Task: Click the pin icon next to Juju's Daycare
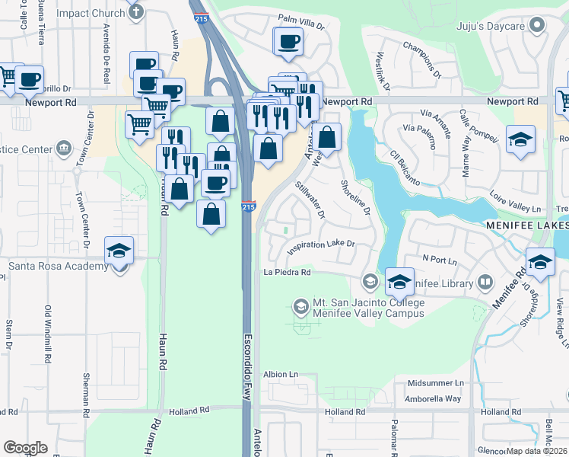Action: tap(539, 25)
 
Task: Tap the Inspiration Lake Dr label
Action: tap(321, 248)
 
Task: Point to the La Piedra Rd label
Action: tap(288, 272)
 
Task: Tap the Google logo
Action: tap(25, 448)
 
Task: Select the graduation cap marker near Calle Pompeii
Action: tap(521, 139)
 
